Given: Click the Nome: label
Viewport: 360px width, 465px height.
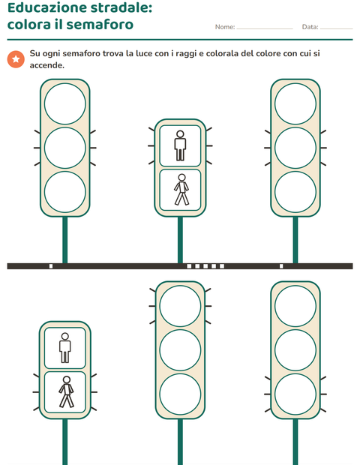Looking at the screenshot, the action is coord(225,27).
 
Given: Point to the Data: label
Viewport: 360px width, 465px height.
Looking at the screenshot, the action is coord(310,27).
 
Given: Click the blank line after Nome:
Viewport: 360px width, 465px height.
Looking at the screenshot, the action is coord(265,29).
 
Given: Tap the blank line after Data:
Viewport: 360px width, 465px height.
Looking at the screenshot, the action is coord(337,29).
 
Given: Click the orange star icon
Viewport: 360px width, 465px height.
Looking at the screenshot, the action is coord(16,59).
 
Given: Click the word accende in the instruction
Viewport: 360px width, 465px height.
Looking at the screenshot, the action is coord(46,65).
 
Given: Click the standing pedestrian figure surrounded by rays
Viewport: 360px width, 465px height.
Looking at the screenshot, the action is coord(180,145).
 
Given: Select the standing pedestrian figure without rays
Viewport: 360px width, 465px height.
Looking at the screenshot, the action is coord(65,347).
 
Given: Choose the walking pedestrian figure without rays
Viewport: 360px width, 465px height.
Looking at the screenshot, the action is coord(181,190).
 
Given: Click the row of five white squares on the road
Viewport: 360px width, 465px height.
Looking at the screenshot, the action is coord(205,266).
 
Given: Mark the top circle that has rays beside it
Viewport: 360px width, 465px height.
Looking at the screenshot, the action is coord(180,306).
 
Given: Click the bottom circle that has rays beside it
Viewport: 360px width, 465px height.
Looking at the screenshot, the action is coord(295,394).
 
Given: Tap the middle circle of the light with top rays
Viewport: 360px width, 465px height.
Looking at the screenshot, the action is coord(180,350).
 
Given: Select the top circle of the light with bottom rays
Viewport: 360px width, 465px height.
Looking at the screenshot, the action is coord(295,306).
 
